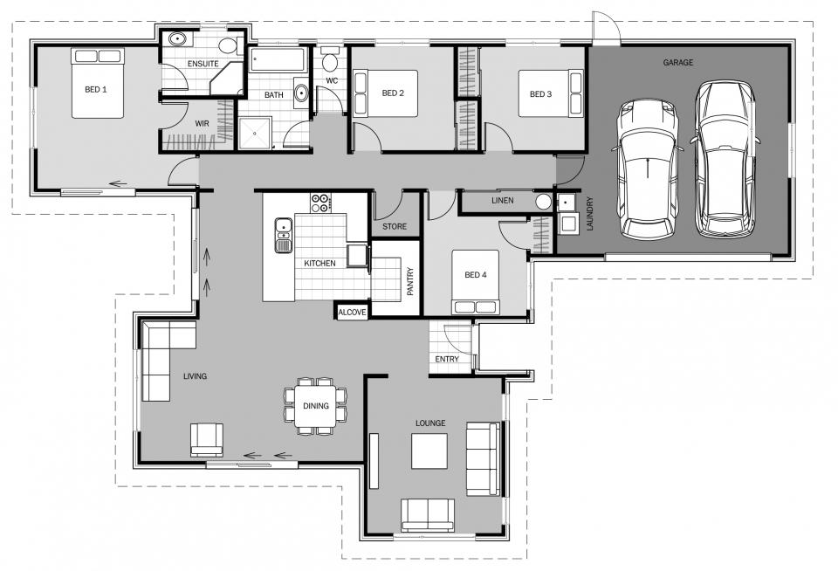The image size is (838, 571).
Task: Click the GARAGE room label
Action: click(677, 63)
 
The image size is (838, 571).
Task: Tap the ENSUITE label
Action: click(203, 64)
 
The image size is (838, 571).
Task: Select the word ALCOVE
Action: click(352, 313)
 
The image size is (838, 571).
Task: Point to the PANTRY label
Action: click(410, 282)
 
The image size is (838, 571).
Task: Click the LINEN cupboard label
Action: click(503, 201)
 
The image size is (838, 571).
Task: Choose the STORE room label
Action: click(395, 227)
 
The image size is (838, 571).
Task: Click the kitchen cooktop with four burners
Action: click(320, 203)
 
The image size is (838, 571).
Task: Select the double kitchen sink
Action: click(283, 235)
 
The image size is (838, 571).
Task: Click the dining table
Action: click(315, 406)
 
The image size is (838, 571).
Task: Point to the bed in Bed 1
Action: click(99, 83)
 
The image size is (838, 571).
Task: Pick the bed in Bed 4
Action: click(475, 282)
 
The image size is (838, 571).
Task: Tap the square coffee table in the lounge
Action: click(429, 451)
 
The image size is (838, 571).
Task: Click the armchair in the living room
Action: click(207, 440)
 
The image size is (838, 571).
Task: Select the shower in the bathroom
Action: click(256, 133)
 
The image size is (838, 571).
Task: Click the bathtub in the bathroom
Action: click(278, 60)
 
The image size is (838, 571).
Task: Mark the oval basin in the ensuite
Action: click(177, 39)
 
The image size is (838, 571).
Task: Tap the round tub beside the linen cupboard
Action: click(544, 202)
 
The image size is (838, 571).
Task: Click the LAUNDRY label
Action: click(590, 214)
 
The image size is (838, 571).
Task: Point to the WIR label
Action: click(202, 123)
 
